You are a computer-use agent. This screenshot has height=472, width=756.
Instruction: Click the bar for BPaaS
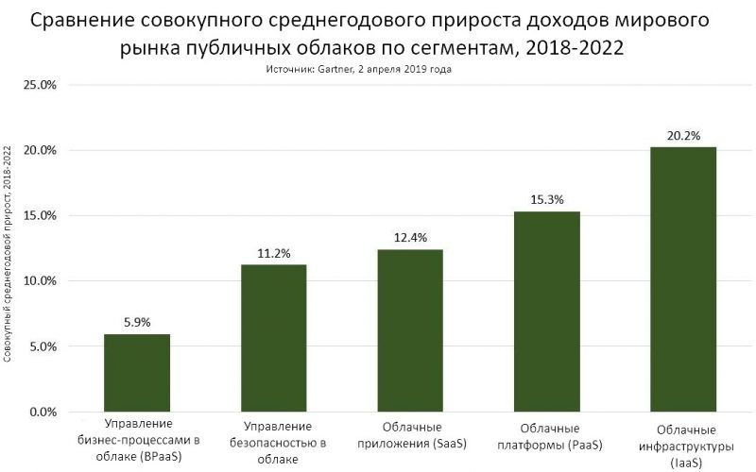coord(137,373)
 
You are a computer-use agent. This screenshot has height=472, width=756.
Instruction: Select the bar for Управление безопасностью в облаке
coord(274,338)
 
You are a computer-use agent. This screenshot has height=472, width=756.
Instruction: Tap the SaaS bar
coord(410,330)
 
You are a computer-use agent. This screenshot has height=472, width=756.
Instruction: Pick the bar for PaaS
coord(547,312)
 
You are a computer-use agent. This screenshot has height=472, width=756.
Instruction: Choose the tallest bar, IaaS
coord(684,279)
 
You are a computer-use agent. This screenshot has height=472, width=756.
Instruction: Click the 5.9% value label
coord(137,321)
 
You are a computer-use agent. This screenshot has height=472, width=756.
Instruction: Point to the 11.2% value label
coord(274,252)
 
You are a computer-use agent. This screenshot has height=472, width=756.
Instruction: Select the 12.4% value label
coord(410,236)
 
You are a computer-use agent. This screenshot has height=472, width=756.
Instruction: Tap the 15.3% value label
coord(547,198)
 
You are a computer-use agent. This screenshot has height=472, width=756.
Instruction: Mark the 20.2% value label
coord(684,135)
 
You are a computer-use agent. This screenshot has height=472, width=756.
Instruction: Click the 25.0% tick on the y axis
coord(41,85)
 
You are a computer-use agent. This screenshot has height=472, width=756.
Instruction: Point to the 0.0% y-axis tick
coord(43,413)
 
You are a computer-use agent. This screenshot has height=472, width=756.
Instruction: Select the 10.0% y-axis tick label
coord(41,281)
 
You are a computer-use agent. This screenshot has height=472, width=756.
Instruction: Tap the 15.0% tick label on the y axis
coord(41,216)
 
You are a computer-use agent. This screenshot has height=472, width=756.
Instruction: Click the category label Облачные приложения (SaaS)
coord(410,433)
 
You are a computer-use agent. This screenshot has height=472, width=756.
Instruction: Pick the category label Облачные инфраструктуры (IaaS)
coord(684,448)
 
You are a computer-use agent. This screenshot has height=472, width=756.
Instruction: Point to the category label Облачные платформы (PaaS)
coord(547,433)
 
